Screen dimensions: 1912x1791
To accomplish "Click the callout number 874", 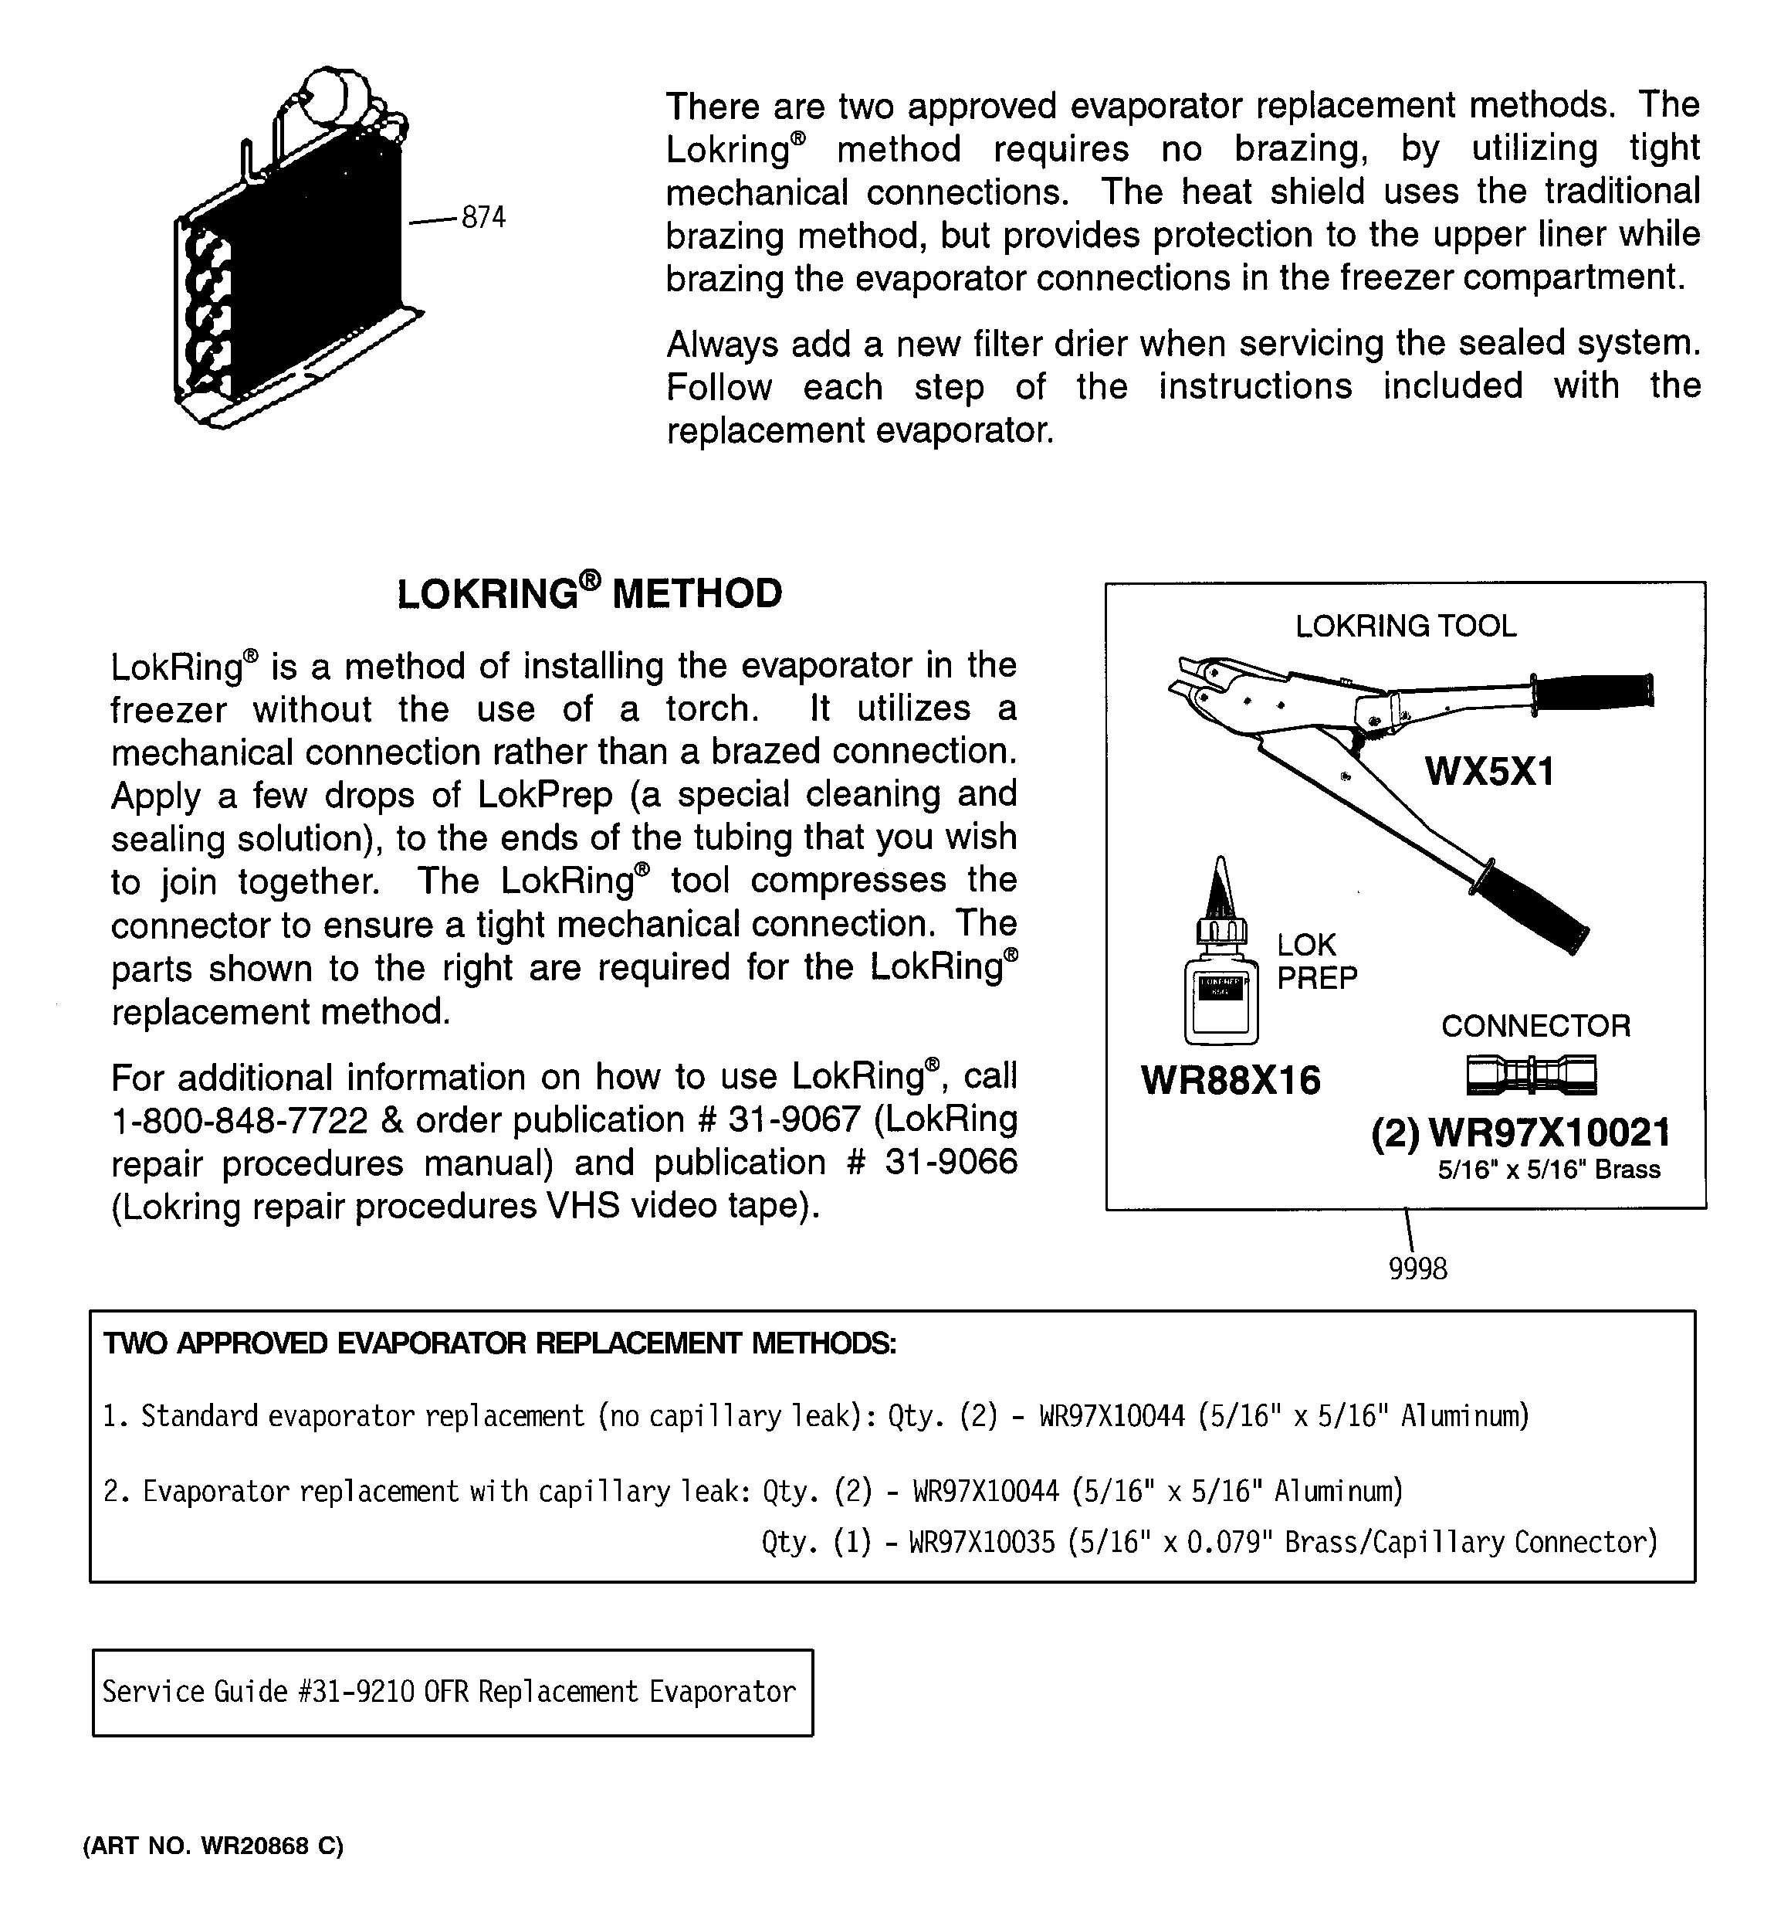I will [x=482, y=219].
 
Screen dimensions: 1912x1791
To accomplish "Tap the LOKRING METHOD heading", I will [x=589, y=593].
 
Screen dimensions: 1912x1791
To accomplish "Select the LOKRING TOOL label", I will [x=1406, y=626].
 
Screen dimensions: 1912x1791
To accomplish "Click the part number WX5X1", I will [x=1488, y=771].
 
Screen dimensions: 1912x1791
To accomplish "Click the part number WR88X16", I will [x=1231, y=1080].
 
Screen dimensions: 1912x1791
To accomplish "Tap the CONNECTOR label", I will [x=1535, y=1025].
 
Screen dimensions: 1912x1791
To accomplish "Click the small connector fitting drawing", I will [x=1532, y=1075].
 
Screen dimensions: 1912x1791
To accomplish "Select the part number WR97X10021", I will [x=1549, y=1133].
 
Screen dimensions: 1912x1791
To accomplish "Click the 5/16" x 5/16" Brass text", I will [x=1549, y=1170].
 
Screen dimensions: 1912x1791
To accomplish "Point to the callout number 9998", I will [x=1417, y=1269].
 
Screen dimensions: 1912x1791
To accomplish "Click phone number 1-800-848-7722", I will [x=239, y=1119].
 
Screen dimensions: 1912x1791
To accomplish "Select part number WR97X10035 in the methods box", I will [x=981, y=1542].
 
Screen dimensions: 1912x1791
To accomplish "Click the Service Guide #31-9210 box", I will [x=452, y=1692].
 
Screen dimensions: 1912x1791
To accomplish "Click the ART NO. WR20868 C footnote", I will [x=213, y=1846].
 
